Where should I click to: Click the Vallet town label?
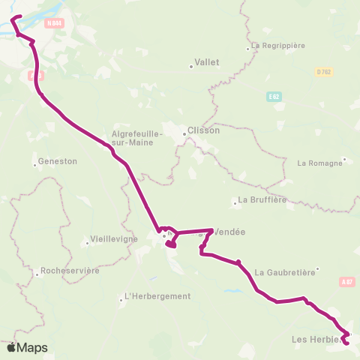click(207, 62)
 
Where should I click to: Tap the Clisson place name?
click(204, 130)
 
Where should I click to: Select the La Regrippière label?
click(278, 45)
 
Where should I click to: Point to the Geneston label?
click(58, 160)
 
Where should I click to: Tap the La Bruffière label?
click(262, 200)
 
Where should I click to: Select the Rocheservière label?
click(71, 271)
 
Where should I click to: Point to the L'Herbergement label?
click(157, 295)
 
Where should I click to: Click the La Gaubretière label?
click(284, 272)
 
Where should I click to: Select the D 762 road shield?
click(324, 71)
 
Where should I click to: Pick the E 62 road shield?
click(272, 97)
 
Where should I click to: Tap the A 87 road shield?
click(346, 282)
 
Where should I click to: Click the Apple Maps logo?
click(27, 347)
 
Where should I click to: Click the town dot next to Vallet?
click(191, 67)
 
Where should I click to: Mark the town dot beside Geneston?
click(35, 164)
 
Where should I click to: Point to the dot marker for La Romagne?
click(343, 159)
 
